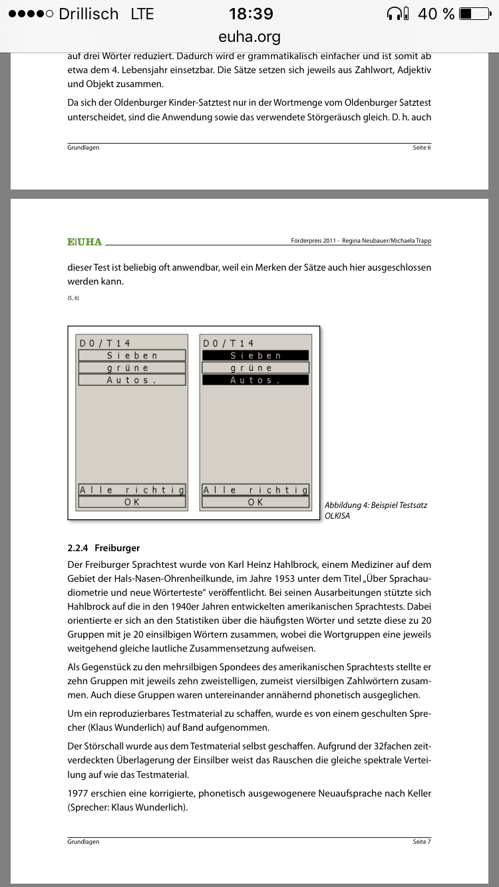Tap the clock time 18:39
click(250, 13)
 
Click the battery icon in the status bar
click(475, 13)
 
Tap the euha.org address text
click(249, 37)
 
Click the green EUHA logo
click(84, 242)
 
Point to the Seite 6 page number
click(422, 148)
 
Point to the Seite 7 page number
click(422, 842)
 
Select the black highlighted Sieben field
click(255, 356)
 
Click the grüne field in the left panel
click(132, 368)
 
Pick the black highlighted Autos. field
click(255, 380)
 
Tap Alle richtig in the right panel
click(255, 490)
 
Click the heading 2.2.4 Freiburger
click(104, 548)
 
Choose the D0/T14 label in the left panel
click(105, 343)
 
